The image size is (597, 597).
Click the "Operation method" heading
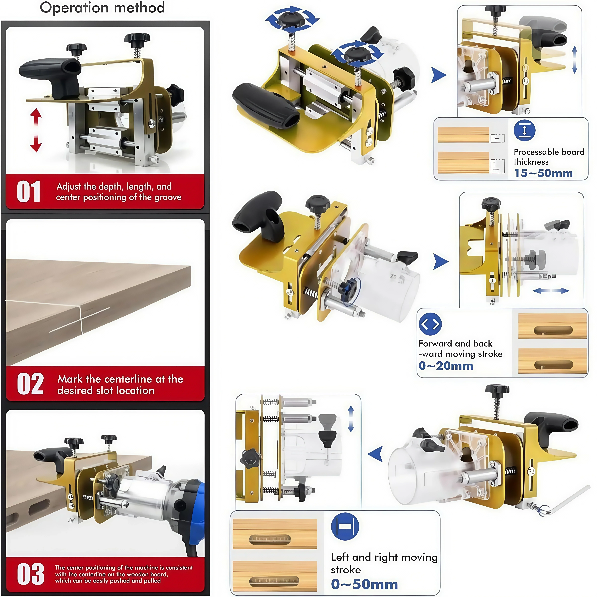click(x=102, y=8)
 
